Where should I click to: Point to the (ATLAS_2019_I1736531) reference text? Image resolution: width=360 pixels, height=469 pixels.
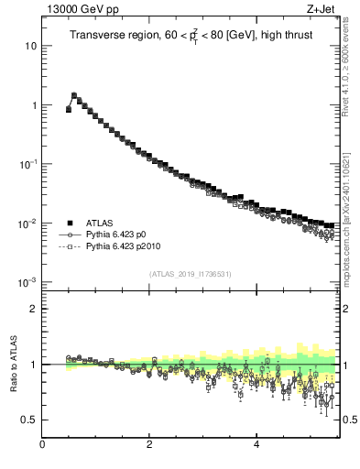coord(190,274)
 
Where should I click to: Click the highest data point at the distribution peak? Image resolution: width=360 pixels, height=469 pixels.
coord(74,95)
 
